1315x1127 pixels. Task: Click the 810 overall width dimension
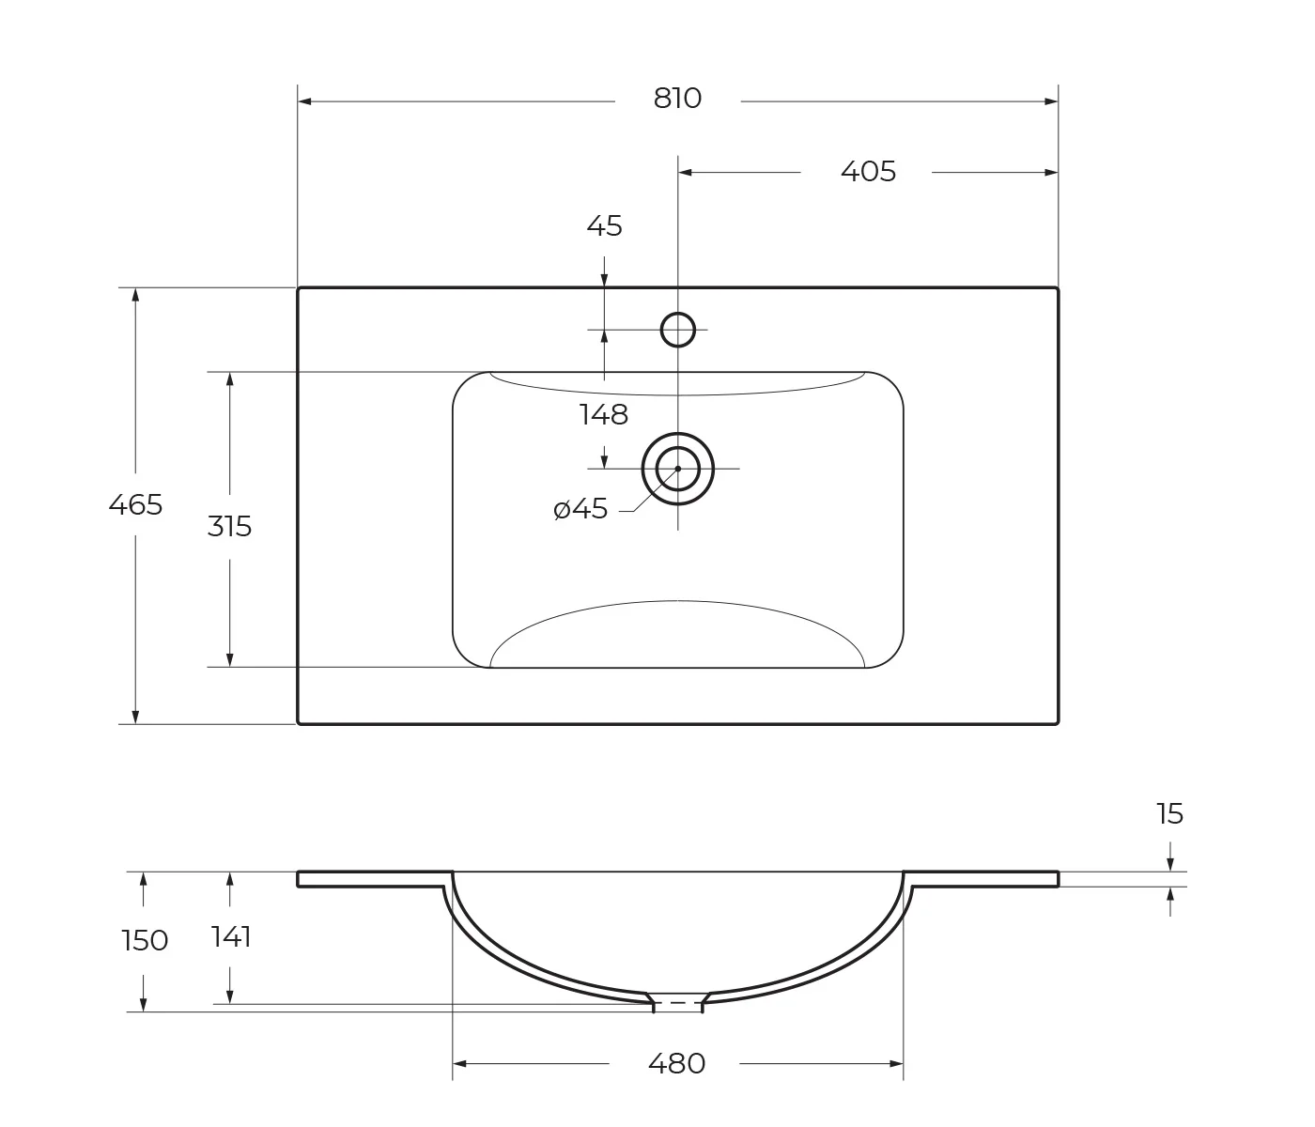point(677,99)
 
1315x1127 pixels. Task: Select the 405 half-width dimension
point(869,172)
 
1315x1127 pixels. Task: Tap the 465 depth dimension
point(135,505)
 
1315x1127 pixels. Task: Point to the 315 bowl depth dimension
point(230,527)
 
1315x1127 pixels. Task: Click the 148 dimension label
point(604,415)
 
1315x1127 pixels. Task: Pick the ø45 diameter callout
point(580,509)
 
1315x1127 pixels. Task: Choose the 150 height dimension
point(145,941)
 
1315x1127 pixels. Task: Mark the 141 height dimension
point(231,937)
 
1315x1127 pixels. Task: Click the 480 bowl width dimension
point(677,1063)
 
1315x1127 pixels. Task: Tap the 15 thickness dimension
point(1169,814)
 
